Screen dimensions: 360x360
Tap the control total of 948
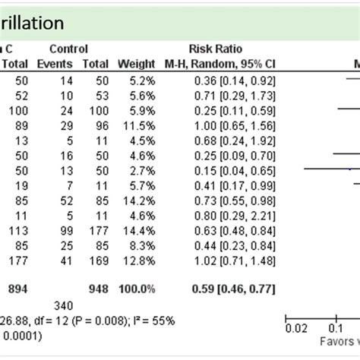tap(98, 288)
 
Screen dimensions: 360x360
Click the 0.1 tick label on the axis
tap(333, 329)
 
